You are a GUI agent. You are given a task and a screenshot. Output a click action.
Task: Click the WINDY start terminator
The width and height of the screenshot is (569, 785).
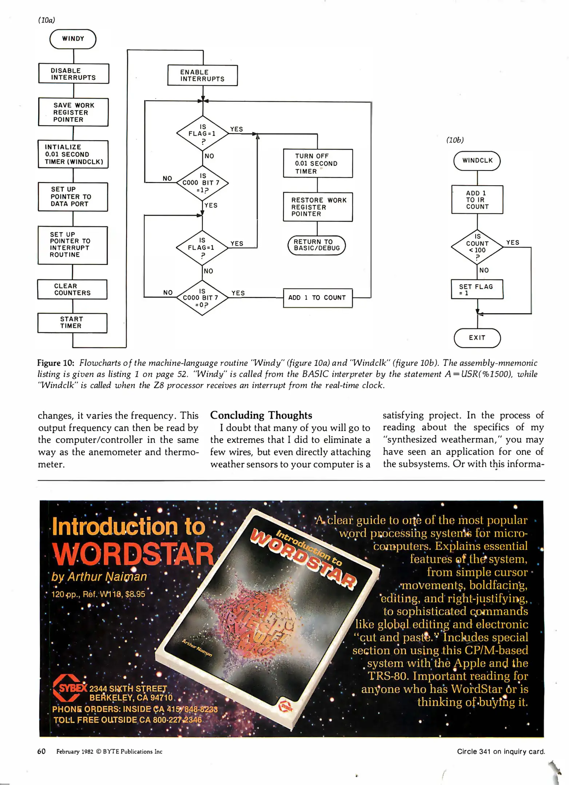[x=73, y=39]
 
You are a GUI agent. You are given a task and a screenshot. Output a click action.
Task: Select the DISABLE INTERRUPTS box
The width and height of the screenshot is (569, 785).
[x=73, y=74]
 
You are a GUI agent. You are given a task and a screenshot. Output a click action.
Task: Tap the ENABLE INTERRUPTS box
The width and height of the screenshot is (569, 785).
[x=202, y=76]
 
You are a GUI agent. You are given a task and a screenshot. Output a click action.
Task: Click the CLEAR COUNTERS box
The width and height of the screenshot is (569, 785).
[x=72, y=289]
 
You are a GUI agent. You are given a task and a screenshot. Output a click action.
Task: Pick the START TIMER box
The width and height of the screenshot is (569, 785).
[x=72, y=323]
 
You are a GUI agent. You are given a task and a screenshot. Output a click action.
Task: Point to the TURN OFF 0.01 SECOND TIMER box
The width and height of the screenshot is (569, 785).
[x=318, y=164]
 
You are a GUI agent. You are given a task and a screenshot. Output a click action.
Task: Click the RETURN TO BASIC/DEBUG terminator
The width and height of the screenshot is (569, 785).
[x=317, y=245]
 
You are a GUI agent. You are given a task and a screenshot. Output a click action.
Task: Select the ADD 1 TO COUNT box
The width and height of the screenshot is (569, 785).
[x=318, y=298]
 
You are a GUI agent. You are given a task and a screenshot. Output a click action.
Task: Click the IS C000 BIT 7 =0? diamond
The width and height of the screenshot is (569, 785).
[x=202, y=298]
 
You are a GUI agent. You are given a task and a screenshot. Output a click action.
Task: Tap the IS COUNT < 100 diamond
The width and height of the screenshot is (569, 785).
[x=477, y=247]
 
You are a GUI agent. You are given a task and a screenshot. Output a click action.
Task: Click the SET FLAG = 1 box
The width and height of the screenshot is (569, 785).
[x=477, y=290]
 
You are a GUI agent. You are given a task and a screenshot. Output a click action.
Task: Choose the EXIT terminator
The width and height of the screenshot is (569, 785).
[x=477, y=338]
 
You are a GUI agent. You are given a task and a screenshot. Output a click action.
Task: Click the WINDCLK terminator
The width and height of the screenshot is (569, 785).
[x=477, y=161]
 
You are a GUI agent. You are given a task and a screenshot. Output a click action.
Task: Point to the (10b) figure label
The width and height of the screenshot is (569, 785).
[x=455, y=140]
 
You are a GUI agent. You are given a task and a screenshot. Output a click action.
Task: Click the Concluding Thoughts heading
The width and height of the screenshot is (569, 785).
[x=261, y=415]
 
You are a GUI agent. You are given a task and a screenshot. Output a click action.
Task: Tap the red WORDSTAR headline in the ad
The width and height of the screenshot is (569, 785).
[x=133, y=554]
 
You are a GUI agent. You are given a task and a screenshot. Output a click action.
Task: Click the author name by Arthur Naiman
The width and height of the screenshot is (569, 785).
[x=99, y=577]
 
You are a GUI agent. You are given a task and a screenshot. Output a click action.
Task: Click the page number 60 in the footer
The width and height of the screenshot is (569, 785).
[x=41, y=751]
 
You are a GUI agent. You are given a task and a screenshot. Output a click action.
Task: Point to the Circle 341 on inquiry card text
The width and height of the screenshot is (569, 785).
[x=501, y=751]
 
